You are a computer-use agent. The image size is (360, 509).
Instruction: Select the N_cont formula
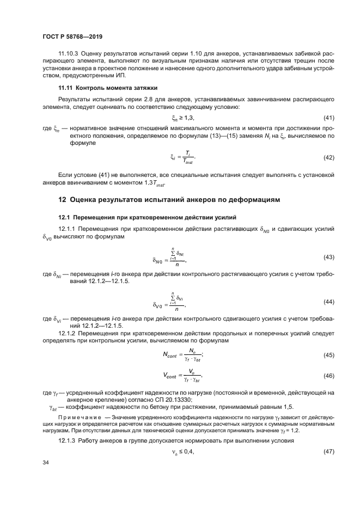[182, 354]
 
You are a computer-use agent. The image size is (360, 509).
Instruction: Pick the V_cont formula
[182, 375]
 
